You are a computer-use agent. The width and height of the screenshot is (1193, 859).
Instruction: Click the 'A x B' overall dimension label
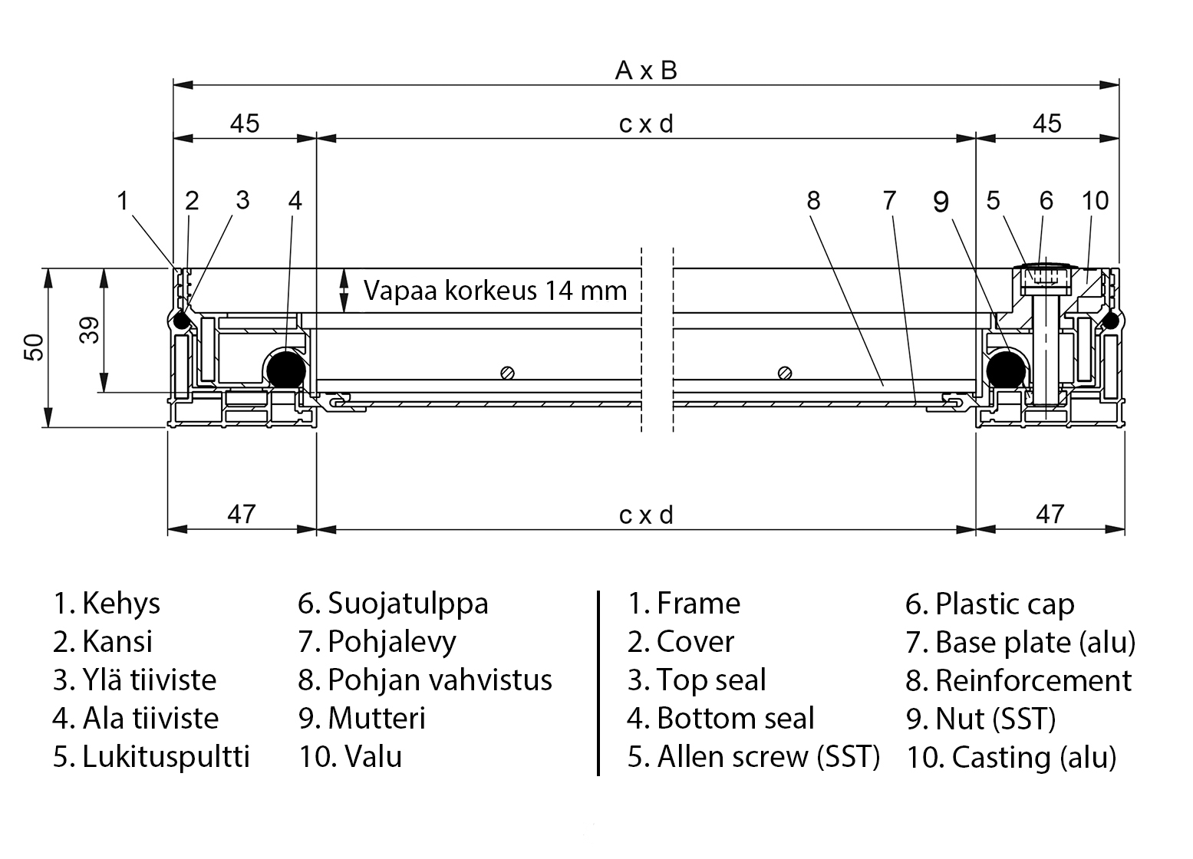(646, 71)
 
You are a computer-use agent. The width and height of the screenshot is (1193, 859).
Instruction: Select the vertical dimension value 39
(91, 330)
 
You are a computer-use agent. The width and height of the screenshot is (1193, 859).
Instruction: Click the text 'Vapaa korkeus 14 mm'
(495, 291)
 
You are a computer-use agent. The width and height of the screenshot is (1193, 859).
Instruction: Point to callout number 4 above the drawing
(295, 201)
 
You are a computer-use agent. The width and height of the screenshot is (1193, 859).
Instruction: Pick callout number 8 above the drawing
(813, 201)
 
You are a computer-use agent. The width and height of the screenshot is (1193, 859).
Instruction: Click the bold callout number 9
(941, 202)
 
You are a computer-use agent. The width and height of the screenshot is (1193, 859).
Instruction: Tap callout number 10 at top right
(1095, 201)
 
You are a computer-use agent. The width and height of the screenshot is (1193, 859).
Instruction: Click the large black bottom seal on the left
(286, 369)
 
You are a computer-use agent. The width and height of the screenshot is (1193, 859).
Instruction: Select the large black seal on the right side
(1005, 370)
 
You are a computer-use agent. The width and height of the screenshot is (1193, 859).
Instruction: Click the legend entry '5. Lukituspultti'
(151, 757)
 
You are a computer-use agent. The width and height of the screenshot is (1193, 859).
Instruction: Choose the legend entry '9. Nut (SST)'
(980, 719)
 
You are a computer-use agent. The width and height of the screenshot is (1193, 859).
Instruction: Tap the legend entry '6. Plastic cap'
(990, 604)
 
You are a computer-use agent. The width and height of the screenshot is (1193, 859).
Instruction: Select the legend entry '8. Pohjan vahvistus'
(425, 680)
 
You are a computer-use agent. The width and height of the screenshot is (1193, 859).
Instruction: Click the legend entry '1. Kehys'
(107, 604)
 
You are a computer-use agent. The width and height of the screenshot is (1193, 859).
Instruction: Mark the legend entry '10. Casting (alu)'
(1011, 758)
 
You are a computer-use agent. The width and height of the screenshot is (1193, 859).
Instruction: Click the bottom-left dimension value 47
(241, 513)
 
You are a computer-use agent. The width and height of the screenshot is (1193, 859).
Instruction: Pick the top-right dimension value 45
(1047, 123)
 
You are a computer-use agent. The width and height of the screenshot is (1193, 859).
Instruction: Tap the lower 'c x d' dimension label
(646, 515)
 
